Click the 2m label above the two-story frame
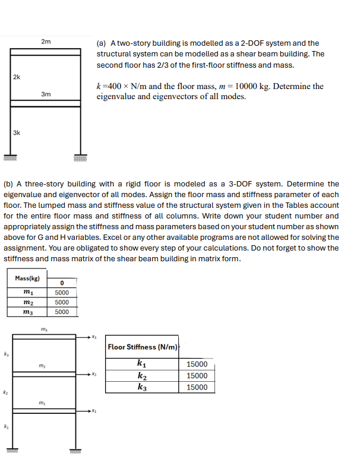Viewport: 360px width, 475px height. tap(46, 42)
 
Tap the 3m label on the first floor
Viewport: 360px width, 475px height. tap(46, 94)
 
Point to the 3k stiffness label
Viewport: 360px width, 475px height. tap(17, 132)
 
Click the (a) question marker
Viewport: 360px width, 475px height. tap(101, 43)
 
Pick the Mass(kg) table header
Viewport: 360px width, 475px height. tap(27, 278)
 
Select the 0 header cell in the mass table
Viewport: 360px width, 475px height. tap(62, 283)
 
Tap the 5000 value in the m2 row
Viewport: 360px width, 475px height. tap(62, 302)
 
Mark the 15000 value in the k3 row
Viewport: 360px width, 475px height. tap(197, 387)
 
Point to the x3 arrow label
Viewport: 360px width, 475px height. tap(93, 337)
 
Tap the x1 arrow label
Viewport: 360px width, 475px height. tap(93, 411)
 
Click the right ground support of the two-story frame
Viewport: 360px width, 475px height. tap(81, 158)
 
